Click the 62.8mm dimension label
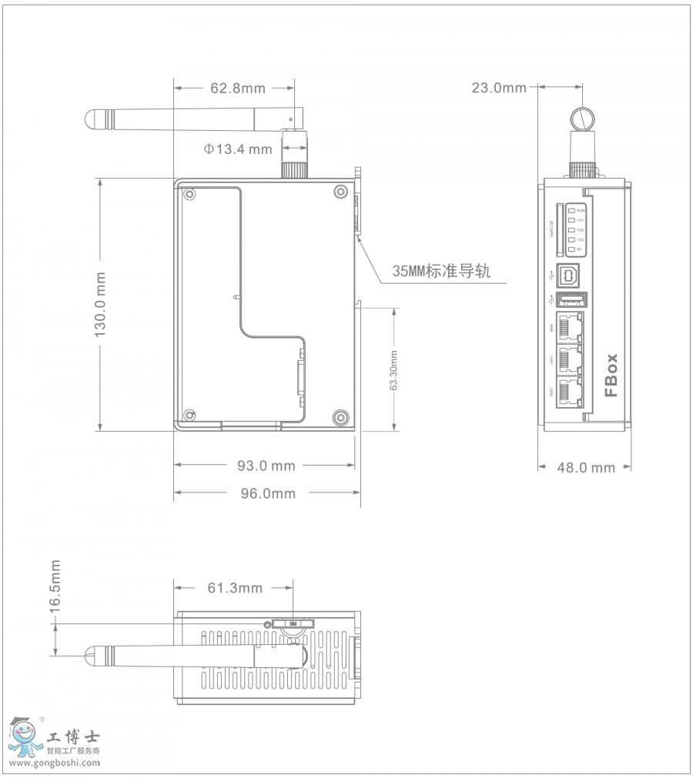coord(237,88)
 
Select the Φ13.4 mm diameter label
coord(238,149)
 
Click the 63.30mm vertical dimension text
coord(393,371)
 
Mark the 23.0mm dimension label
coord(499,88)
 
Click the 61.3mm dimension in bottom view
coord(235,589)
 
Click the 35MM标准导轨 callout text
coord(441,271)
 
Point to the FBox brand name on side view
coord(611,375)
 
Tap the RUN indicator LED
coord(571,210)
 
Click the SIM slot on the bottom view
coord(293,623)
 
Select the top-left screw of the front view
coord(189,193)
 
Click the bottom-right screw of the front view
coord(340,417)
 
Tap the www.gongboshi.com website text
coord(55,763)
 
